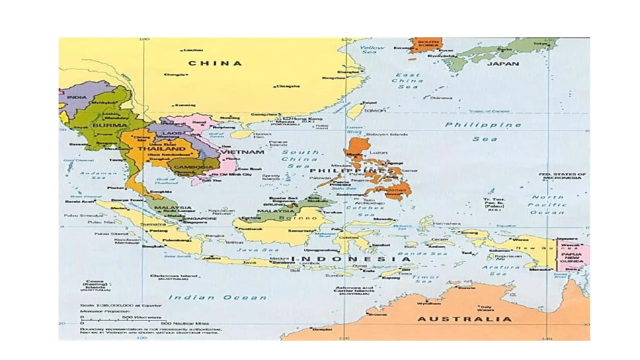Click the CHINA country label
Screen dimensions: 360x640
pos(215,63)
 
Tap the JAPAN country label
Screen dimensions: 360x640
pos(503,64)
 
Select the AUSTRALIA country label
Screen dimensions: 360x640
pos(465,319)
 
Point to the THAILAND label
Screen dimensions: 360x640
pos(162,149)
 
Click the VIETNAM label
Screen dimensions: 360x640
pos(243,152)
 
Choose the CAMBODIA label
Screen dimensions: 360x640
pos(193,167)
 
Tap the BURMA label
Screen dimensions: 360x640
pos(110,125)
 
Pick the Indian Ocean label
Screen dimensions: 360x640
pos(217,297)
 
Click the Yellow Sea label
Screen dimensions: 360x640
pos(371,50)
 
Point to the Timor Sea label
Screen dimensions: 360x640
pos(425,279)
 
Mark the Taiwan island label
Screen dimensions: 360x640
pos(375,110)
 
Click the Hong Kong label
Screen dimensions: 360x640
pos(307,119)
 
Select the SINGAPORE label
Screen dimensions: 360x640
pos(200,218)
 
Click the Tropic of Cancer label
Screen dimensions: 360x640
pos(489,111)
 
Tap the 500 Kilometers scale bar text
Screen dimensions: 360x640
pos(142,317)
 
